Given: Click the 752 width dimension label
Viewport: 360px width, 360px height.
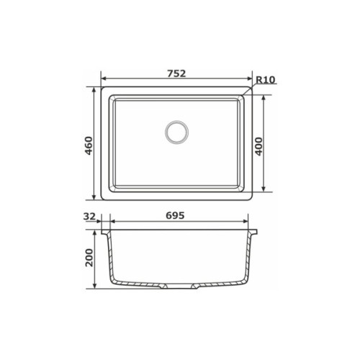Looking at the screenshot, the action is [x=176, y=73].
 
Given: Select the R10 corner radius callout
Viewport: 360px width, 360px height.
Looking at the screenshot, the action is [x=265, y=80].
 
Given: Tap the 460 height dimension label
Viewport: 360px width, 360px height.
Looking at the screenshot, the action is [x=89, y=145].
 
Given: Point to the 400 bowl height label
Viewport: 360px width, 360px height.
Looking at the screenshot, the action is [x=258, y=146].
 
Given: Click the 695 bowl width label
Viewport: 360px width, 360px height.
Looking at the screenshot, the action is [x=175, y=215].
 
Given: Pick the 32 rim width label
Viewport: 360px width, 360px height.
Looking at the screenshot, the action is [x=89, y=217].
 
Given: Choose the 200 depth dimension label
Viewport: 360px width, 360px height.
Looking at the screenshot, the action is [x=89, y=258].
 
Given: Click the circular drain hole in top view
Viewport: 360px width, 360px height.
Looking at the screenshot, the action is [x=176, y=132].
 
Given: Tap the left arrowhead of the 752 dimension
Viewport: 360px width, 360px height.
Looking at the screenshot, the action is [x=104, y=78].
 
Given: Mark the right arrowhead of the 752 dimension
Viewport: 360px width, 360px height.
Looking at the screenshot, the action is [x=250, y=78].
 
